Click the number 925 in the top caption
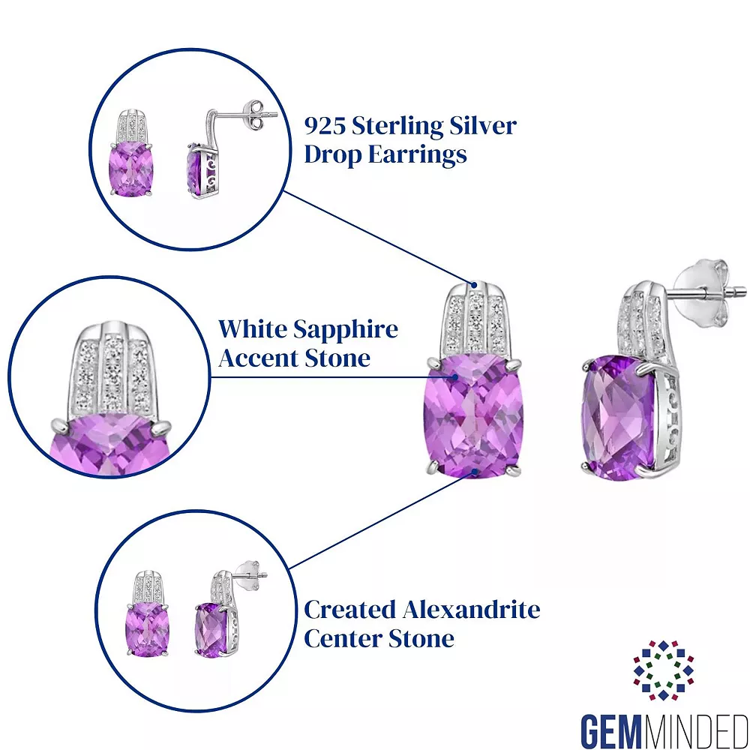[325, 125]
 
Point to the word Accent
[254, 358]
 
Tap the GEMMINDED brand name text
[664, 727]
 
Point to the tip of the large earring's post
[743, 288]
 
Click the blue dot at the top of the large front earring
[474, 284]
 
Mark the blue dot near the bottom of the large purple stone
[475, 471]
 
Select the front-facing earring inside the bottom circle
[147, 618]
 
